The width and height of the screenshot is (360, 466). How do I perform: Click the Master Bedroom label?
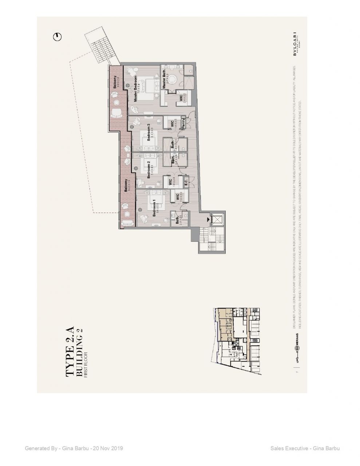[x=135, y=89]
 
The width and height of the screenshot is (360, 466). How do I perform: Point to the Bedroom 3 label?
[x=148, y=133]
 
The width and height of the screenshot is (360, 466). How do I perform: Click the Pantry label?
[x=183, y=122]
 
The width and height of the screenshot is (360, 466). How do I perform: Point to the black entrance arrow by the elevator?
[x=209, y=219]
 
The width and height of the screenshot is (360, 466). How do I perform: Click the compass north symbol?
[x=58, y=36]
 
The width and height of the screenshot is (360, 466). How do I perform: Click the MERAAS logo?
[x=297, y=346]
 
